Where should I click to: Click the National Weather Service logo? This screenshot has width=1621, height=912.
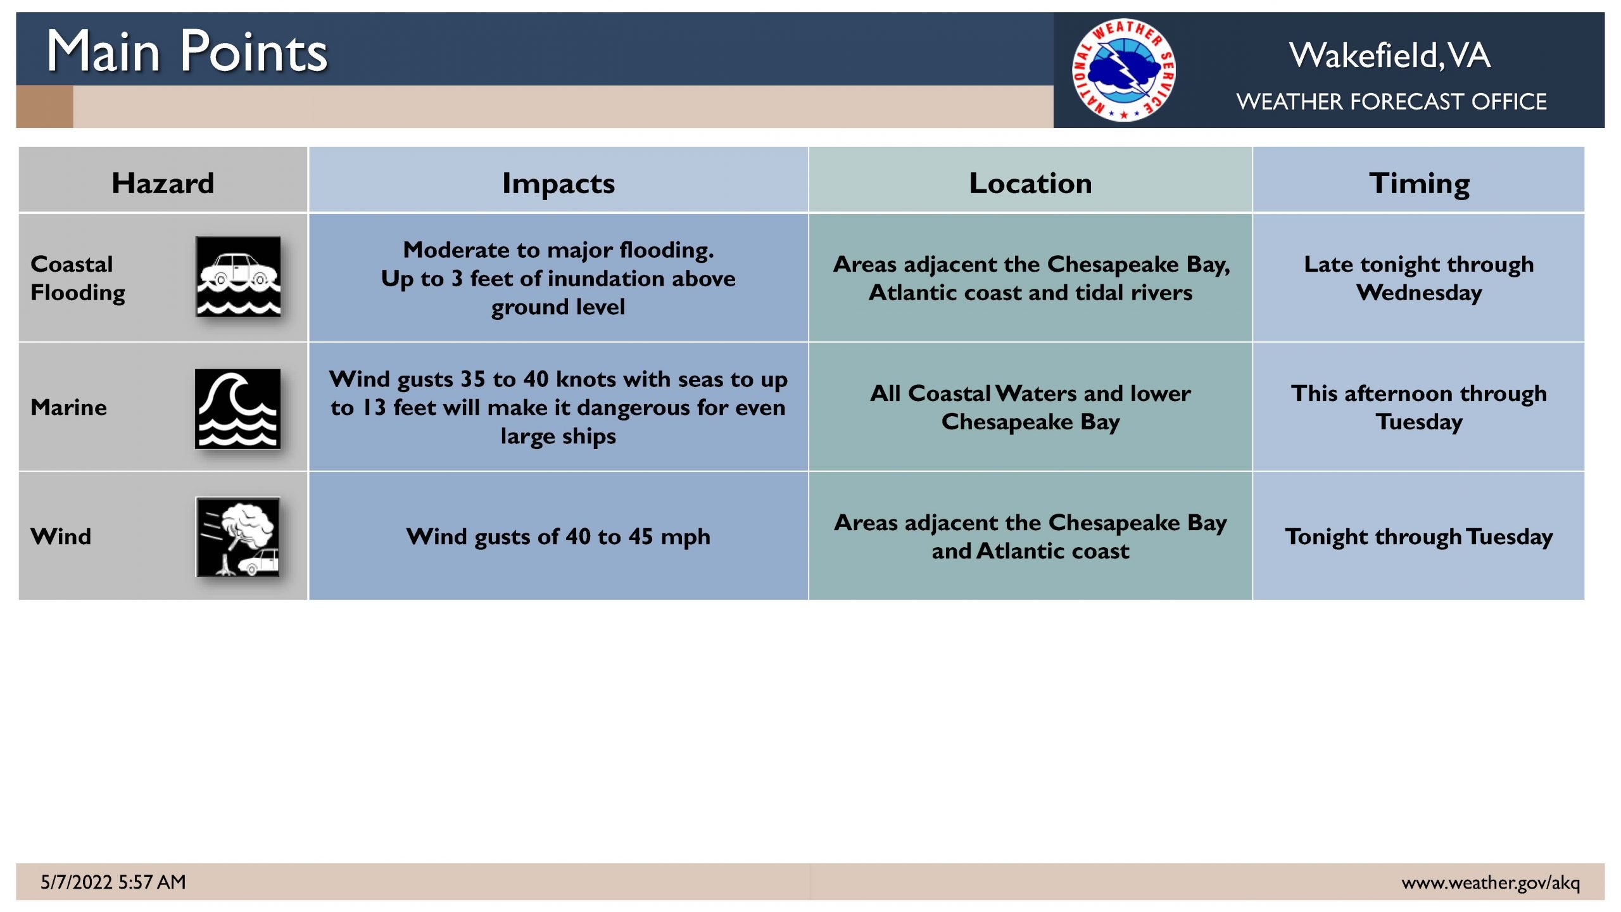tap(1123, 70)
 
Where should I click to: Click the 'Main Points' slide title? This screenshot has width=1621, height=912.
tap(187, 51)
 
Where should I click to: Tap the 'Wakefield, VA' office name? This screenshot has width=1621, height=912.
tap(1390, 56)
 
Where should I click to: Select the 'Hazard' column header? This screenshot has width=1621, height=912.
tap(163, 183)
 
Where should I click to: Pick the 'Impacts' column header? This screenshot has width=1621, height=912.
tap(558, 184)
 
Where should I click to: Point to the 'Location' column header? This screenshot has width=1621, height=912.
tap(1030, 183)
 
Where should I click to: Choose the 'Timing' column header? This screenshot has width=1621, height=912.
tap(1419, 184)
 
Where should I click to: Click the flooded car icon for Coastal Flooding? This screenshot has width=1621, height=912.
tap(238, 276)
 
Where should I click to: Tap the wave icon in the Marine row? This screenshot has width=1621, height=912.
tap(237, 408)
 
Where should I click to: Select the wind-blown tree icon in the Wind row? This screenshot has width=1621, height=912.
tap(238, 536)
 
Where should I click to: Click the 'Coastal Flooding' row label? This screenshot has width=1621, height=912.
tap(78, 278)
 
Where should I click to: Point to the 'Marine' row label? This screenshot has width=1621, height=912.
tap(68, 407)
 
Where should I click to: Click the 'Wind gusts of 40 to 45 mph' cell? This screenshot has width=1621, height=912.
tap(558, 536)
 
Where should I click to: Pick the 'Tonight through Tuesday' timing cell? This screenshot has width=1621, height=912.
tap(1419, 536)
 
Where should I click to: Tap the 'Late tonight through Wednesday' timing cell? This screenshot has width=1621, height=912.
tap(1419, 278)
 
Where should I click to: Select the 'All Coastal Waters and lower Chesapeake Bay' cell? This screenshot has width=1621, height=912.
tap(1030, 407)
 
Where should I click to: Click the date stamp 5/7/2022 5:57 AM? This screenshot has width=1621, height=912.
tap(113, 882)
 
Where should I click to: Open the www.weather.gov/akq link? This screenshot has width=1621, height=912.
tap(1491, 882)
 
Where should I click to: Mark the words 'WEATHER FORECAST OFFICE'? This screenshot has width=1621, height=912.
tap(1391, 101)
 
